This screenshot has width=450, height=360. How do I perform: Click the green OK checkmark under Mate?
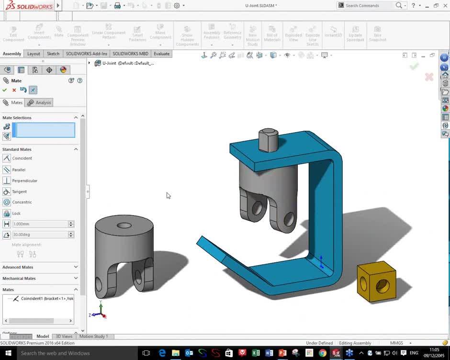5,90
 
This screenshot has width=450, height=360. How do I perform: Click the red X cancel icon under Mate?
14,90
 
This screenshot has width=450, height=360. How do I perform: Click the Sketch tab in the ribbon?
53,54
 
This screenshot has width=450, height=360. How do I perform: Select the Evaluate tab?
161,54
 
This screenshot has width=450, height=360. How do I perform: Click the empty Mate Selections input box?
45,130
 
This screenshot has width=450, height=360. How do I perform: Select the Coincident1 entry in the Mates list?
46,299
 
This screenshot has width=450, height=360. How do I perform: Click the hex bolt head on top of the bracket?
268,139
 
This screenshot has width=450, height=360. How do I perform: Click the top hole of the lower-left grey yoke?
124,225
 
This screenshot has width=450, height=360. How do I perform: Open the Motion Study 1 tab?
93,337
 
